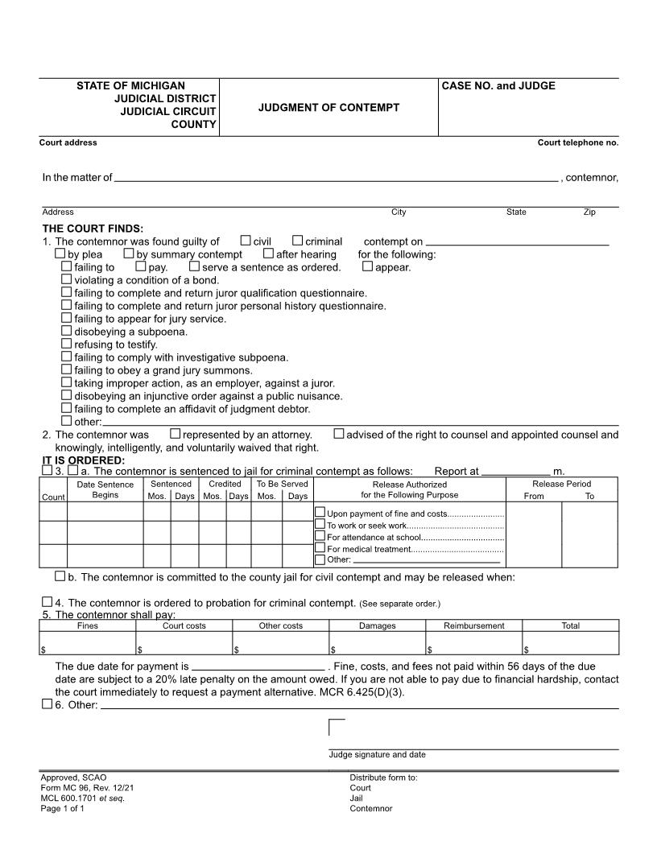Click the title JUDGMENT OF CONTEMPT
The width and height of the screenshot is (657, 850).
328,107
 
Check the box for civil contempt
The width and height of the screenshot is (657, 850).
246,241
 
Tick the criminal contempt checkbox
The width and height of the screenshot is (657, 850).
297,241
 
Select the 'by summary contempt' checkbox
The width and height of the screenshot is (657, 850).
129,254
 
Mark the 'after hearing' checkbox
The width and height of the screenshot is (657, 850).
269,254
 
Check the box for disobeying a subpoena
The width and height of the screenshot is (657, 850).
67,331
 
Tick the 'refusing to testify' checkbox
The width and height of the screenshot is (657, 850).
67,344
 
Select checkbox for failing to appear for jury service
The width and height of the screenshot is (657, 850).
67,318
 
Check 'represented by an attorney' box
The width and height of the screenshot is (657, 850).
176,435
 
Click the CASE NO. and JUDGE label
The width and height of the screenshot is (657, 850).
498,86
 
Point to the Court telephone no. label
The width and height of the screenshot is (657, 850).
577,142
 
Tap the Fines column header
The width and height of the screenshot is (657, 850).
88,625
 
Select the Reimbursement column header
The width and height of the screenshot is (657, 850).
474,625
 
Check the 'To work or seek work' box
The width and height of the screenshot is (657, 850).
320,525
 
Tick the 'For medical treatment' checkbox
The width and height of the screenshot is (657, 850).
320,548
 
